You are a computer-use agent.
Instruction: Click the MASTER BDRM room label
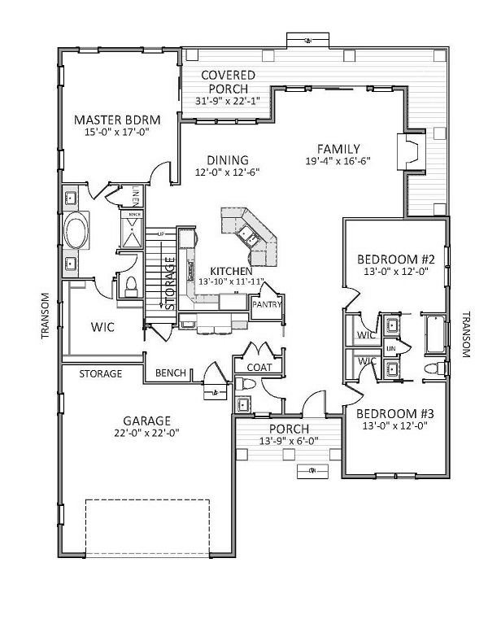122,120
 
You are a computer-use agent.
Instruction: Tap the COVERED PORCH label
229,81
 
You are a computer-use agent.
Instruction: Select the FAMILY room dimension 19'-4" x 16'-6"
338,162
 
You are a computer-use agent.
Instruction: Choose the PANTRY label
266,304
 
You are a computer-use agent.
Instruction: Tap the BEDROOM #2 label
398,260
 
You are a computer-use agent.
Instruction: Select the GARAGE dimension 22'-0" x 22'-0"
146,433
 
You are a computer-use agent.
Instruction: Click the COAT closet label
258,367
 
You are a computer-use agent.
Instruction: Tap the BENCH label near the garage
171,373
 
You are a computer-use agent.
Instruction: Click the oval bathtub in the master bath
78,231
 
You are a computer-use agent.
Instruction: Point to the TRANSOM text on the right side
467,334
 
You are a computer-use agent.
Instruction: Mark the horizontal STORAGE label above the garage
100,374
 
